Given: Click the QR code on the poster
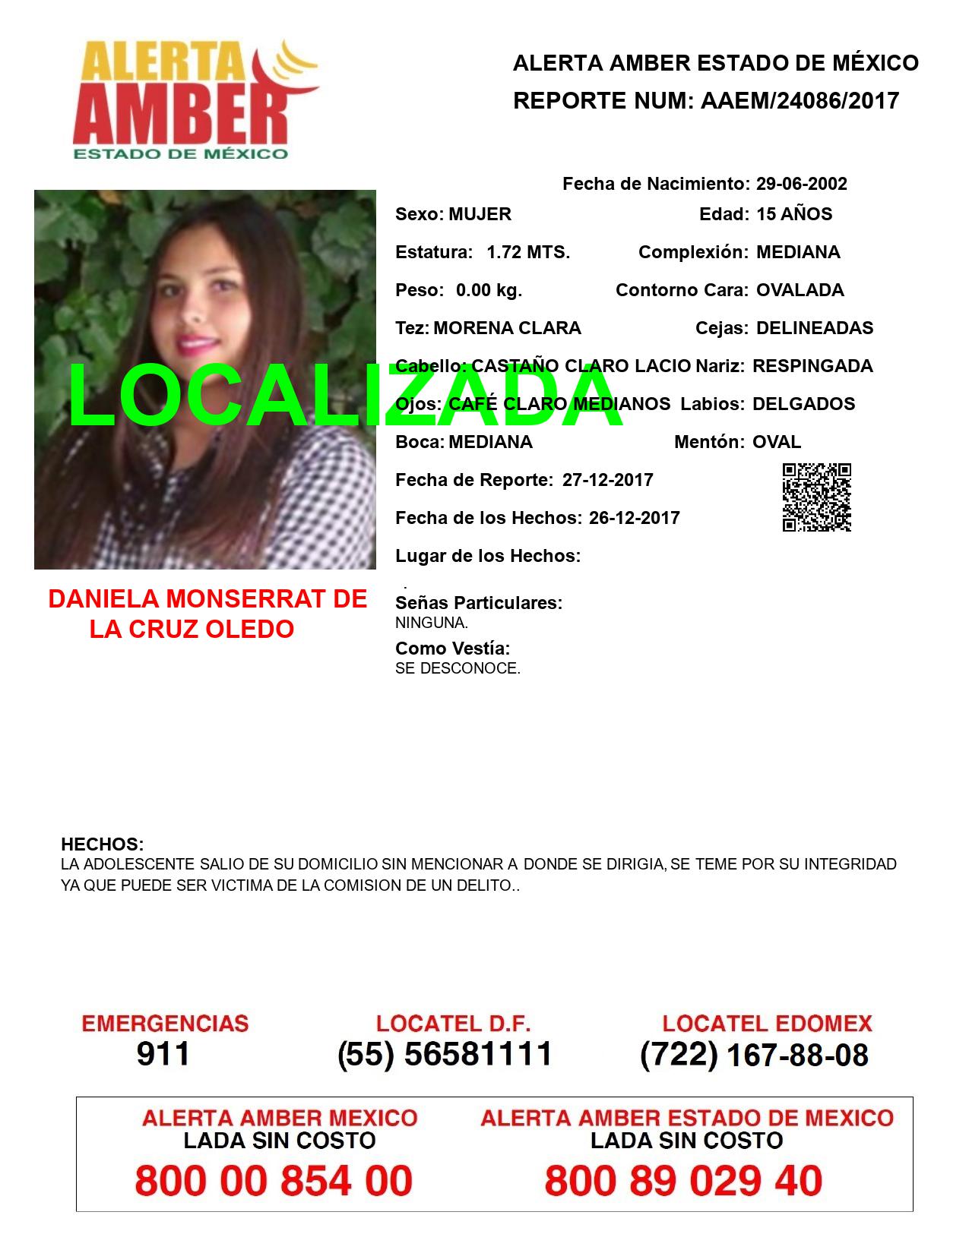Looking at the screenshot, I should click(816, 497).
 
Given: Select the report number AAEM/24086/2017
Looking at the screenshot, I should click(800, 100).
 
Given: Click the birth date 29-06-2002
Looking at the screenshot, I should click(801, 184).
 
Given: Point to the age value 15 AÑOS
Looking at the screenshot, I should click(794, 214).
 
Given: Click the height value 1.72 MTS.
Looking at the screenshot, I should click(528, 252).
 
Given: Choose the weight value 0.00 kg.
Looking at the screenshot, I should click(489, 290).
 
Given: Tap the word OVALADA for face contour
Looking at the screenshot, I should click(800, 290).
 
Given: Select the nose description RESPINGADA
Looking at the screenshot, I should click(812, 366).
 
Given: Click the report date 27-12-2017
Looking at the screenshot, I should click(607, 480).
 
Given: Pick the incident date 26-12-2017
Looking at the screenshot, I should click(634, 518).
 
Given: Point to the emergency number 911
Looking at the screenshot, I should click(163, 1054).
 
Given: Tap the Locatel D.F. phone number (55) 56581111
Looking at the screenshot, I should click(445, 1054).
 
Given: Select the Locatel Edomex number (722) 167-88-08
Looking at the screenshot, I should click(754, 1055).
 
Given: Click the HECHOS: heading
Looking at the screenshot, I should click(102, 844).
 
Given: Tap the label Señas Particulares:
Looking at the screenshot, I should click(479, 603).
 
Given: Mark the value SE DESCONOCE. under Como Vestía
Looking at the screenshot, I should click(458, 669).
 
